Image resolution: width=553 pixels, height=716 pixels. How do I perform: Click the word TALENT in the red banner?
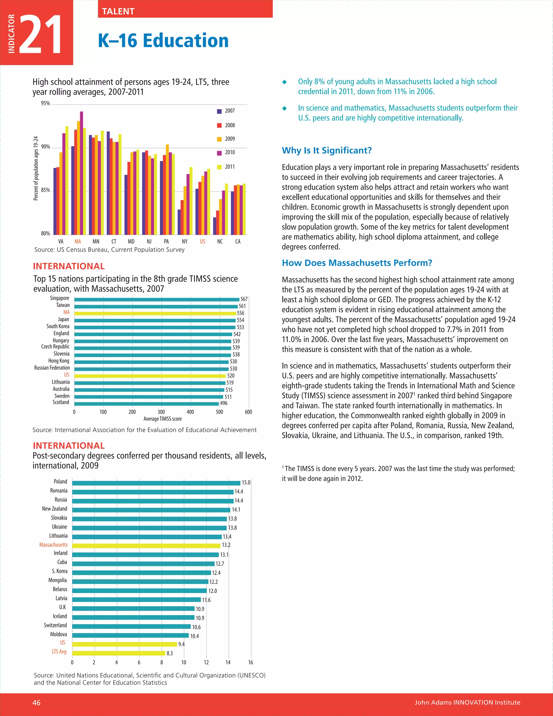click(118, 11)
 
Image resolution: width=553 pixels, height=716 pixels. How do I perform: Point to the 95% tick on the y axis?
click(46, 103)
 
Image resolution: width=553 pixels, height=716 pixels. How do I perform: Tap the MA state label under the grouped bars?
click(78, 242)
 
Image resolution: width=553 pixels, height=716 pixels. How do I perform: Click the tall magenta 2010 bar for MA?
click(82, 173)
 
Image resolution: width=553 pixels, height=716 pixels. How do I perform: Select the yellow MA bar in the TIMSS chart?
click(155, 313)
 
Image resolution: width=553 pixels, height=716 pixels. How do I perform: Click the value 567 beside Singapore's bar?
click(244, 299)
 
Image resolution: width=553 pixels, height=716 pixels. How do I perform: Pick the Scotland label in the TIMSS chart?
click(61, 402)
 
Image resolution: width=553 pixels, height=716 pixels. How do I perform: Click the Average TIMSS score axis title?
click(163, 419)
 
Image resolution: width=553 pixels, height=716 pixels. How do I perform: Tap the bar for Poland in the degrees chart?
click(156, 483)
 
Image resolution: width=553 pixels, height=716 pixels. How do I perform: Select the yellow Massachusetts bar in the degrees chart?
click(146, 546)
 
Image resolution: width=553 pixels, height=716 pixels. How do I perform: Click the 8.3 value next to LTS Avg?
click(170, 653)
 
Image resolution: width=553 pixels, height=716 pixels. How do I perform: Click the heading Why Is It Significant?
click(327, 150)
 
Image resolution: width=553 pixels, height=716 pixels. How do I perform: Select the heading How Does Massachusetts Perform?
click(357, 263)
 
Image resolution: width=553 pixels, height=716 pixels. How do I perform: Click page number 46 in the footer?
click(36, 702)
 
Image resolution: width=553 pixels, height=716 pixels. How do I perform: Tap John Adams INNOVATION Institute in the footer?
click(467, 702)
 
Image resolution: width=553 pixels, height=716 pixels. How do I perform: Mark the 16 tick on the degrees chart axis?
click(251, 662)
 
